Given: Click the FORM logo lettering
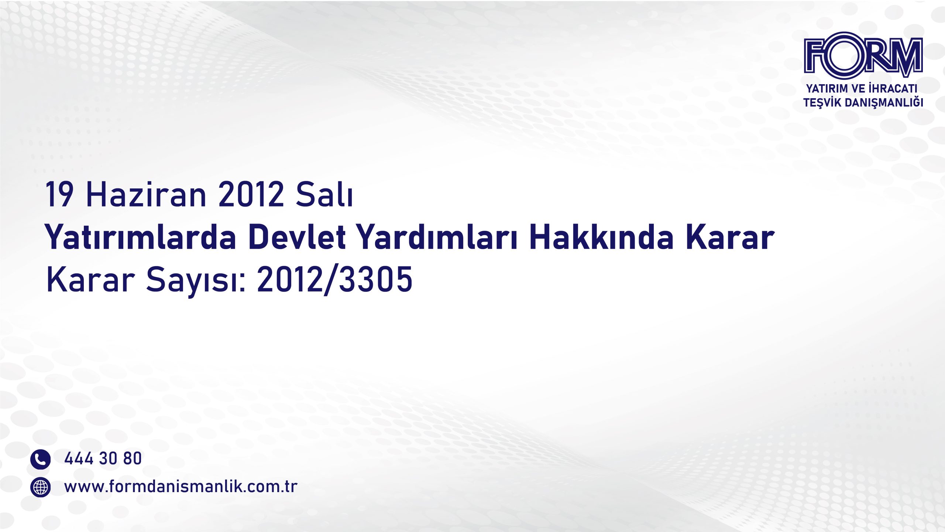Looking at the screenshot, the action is pyautogui.click(x=863, y=55).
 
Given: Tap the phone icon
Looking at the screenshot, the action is pyautogui.click(x=40, y=459).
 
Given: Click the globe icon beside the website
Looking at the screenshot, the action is pyautogui.click(x=40, y=487).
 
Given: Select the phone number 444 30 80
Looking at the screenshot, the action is pyautogui.click(x=103, y=458).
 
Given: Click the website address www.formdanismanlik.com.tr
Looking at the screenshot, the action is pyautogui.click(x=181, y=487).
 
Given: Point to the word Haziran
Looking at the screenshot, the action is pyautogui.click(x=146, y=194).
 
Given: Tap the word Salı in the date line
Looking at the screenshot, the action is pyautogui.click(x=324, y=194).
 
